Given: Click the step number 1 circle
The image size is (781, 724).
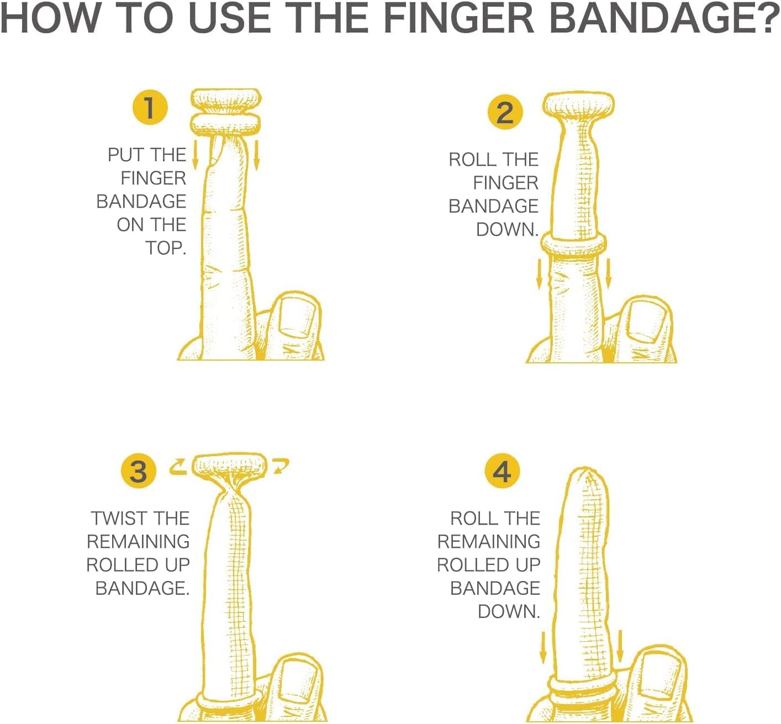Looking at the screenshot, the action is [x=150, y=107].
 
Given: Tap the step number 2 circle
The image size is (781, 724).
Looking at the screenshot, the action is [x=505, y=112].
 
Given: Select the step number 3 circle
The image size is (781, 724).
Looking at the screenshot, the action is [x=139, y=471].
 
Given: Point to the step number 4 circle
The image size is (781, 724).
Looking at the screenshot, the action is [x=502, y=471].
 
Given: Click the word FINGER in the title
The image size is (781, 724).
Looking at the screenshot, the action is [x=459, y=18].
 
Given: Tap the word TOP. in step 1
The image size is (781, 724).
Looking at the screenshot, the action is [x=166, y=248].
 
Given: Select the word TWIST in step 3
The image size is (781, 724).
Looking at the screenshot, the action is [x=115, y=519].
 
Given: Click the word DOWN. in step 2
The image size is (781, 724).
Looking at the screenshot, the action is [x=507, y=230].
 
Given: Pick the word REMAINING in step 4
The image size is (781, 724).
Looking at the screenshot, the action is [x=489, y=542].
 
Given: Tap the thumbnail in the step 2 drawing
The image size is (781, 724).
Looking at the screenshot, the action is [x=647, y=320].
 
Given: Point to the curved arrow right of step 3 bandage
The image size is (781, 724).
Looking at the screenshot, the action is [x=281, y=466].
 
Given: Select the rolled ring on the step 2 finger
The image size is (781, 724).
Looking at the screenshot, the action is [x=574, y=245].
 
